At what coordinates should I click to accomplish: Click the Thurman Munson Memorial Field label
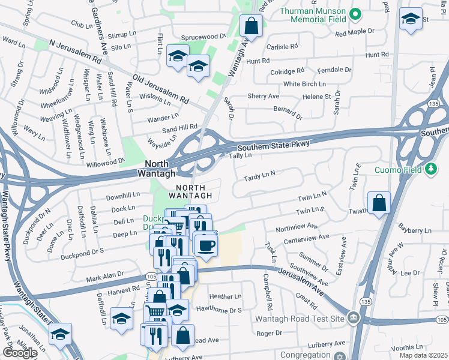(312, 17)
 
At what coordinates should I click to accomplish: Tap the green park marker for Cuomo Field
(430, 170)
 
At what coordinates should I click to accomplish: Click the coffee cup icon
(206, 245)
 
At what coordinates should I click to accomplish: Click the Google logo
(20, 352)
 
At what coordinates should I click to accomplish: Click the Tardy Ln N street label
(259, 176)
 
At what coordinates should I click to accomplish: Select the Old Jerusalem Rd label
(161, 88)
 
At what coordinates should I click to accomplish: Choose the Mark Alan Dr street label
(105, 277)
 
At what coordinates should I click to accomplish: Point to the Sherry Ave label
(264, 96)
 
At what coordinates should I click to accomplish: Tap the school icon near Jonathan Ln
(60, 334)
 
